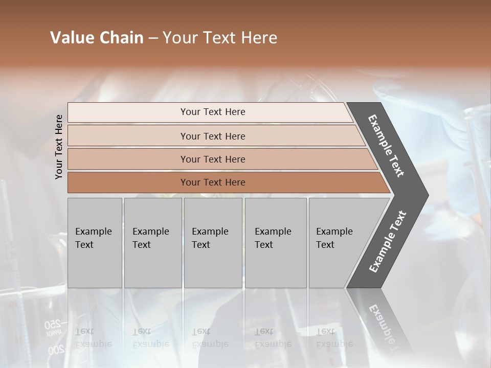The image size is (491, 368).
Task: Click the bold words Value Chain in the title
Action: tap(97, 38)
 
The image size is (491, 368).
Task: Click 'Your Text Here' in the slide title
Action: tap(220, 38)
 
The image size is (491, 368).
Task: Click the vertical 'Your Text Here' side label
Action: tap(59, 147)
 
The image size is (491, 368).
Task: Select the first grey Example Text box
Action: tap(95, 243)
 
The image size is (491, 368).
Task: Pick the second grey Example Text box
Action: tap(153, 243)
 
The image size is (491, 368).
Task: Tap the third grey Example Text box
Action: tap(213, 243)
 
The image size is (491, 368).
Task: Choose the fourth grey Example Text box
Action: tap(276, 243)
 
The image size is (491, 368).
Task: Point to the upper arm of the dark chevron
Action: tap(386, 146)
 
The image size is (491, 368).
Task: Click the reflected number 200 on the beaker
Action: tap(56, 350)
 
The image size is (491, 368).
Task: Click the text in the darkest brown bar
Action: tap(213, 182)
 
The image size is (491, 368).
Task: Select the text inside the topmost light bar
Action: tap(213, 112)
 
